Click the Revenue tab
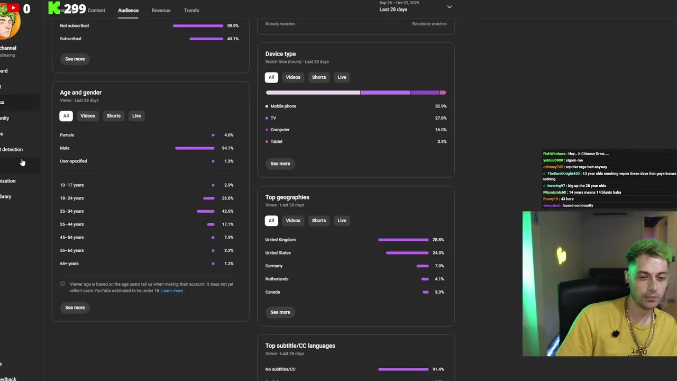pos(161,11)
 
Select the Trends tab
pos(191,11)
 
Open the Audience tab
pos(128,11)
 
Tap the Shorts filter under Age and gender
pos(114,116)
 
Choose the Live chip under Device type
pos(342,77)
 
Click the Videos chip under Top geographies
pos(293,221)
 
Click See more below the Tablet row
pos(280,164)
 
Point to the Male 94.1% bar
pos(195,148)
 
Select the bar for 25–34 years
pos(205,211)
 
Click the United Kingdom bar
pos(403,240)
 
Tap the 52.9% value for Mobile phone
pos(441,106)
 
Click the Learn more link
pos(172,291)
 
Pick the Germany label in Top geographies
pos(274,266)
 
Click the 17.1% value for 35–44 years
pos(227,224)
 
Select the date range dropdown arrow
pos(449,7)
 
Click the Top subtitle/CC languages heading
pos(300,346)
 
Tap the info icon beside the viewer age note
pos(62,284)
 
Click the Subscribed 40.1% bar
pos(206,39)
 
